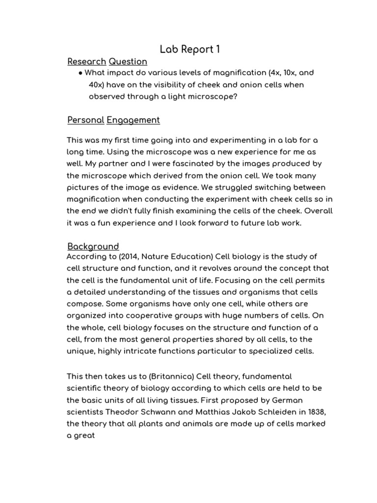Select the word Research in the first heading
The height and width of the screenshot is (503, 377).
click(86, 62)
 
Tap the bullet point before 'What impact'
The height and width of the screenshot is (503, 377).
click(80, 73)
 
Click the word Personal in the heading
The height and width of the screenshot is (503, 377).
click(85, 120)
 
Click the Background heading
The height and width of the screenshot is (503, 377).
click(93, 246)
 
